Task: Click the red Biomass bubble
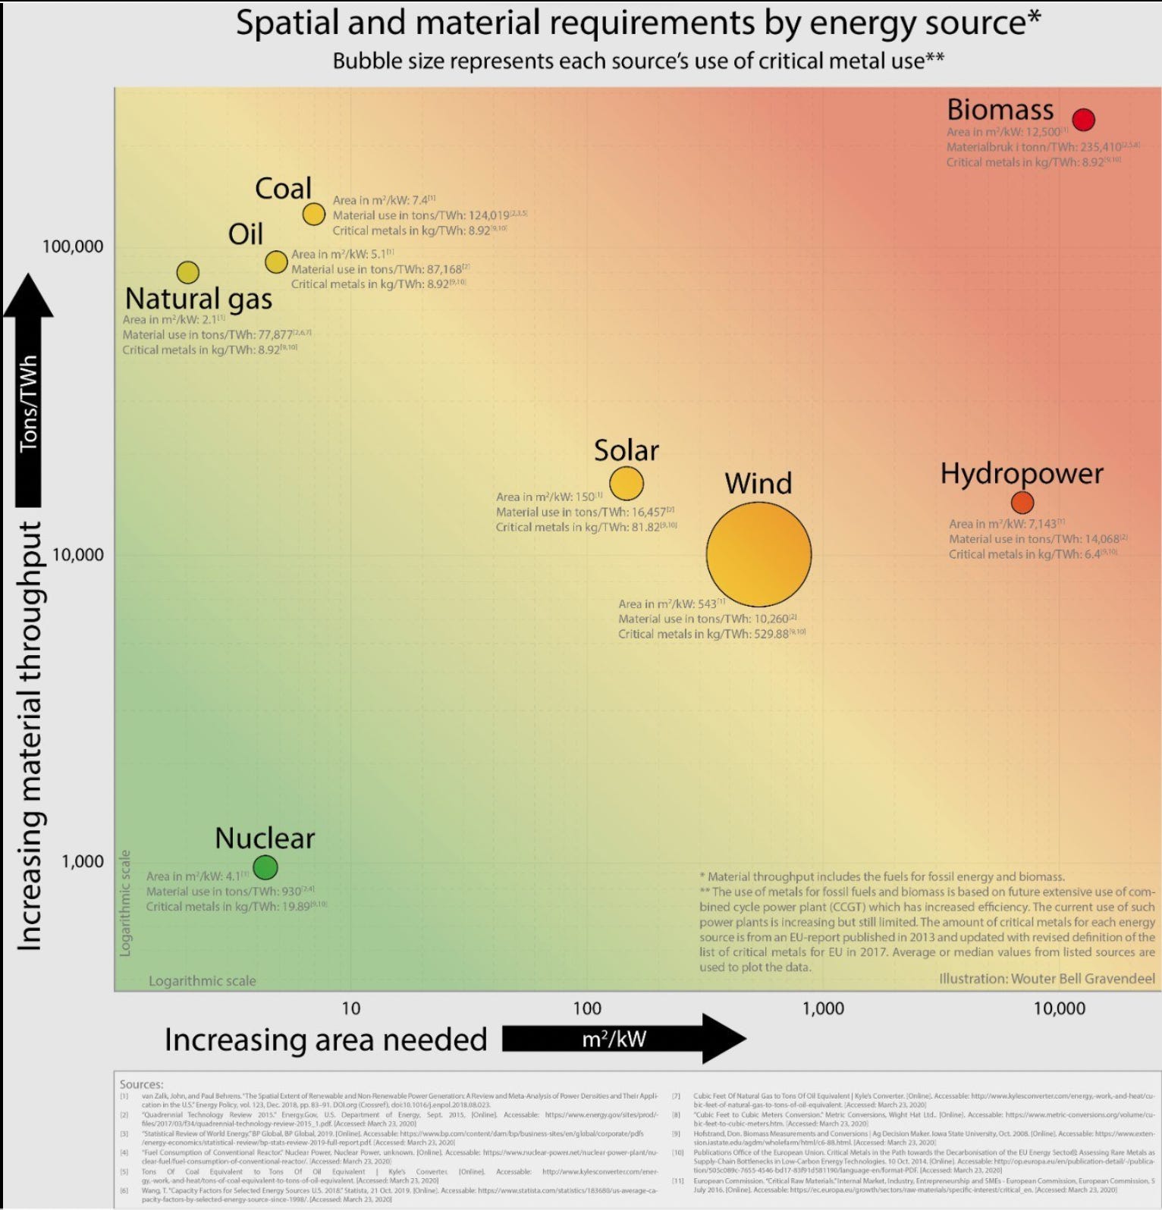(1083, 120)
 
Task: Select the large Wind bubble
(758, 554)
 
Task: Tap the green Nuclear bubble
(265, 867)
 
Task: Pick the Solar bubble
(627, 483)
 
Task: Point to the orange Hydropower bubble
(1022, 502)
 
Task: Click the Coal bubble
(314, 215)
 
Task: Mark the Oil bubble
(276, 262)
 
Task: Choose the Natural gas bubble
(188, 272)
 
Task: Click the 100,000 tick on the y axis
(73, 246)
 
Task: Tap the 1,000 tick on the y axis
(83, 861)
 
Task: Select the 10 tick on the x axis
(350, 1008)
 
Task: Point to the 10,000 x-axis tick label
(1059, 1008)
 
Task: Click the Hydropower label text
(1022, 473)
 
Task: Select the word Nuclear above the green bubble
(265, 838)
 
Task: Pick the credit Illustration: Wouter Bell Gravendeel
(1047, 979)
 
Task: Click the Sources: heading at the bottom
(141, 1084)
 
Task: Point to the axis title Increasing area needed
(325, 1039)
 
